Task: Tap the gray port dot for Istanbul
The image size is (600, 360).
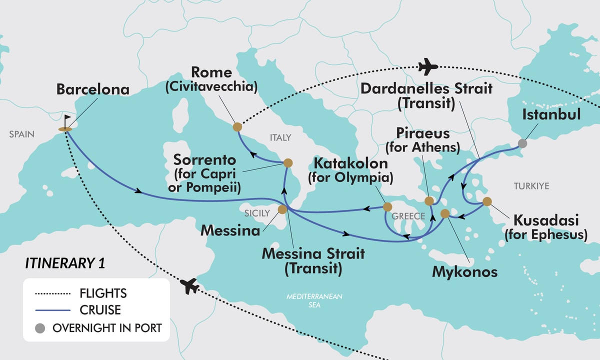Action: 522,143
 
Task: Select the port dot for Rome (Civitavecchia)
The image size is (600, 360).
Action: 237,127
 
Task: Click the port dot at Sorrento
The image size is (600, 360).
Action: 288,162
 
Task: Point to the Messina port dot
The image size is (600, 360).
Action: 282,209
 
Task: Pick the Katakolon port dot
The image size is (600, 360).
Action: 387,206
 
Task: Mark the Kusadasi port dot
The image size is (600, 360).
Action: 486,201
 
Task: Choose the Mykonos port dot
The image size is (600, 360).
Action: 445,213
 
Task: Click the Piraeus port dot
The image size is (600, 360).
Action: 428,201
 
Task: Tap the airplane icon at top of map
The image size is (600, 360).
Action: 427,65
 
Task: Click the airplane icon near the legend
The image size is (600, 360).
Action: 189,286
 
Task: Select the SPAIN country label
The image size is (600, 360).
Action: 21,134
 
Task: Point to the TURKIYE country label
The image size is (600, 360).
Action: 531,186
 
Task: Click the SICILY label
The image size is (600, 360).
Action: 257,213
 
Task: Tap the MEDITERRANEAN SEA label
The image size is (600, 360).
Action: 314,300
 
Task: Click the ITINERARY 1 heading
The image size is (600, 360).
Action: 64,264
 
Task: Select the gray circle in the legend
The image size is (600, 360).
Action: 40,328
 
